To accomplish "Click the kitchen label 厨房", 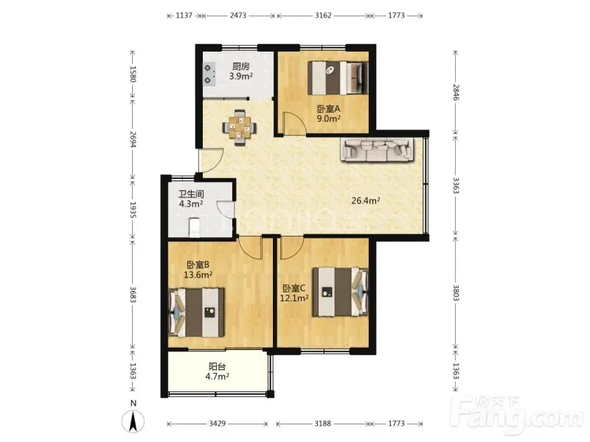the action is tap(241, 66).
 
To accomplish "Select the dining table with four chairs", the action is tap(240, 127).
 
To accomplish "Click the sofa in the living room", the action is tap(377, 150).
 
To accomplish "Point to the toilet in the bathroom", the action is tap(194, 227).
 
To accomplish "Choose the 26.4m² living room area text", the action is tap(365, 200).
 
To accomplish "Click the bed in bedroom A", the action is tap(338, 78).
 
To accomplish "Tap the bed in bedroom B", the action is tap(197, 312).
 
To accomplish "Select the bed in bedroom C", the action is tap(340, 292).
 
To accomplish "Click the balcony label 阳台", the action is tap(217, 366).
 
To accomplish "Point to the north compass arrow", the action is tap(133, 421).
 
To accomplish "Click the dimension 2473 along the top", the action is tap(237, 15).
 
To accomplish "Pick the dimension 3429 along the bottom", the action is tap(217, 424).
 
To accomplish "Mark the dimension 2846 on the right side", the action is tap(456, 92).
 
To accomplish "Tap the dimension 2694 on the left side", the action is tap(133, 139).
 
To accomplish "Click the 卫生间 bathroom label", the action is tap(191, 194).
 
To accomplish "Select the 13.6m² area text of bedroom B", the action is tap(198, 275).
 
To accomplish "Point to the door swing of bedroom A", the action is tap(296, 122).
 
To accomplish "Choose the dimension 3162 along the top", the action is tap(323, 15).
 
